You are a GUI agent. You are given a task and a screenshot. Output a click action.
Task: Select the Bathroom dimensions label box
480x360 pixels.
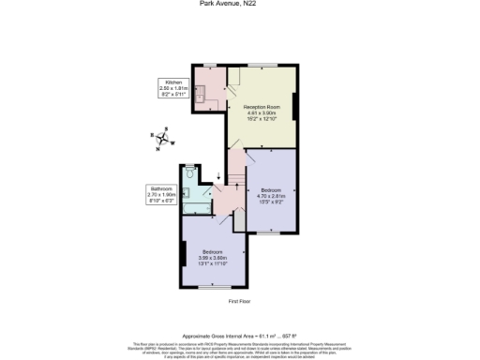(163, 194)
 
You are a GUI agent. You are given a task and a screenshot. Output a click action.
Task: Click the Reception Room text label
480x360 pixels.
(263, 112)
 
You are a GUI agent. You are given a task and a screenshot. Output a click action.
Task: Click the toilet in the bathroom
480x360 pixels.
(190, 173)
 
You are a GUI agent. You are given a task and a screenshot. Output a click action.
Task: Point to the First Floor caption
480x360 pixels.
(239, 302)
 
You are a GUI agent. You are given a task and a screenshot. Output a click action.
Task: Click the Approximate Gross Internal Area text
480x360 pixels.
(239, 335)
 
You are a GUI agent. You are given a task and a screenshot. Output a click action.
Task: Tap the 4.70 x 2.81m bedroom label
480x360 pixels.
(271, 191)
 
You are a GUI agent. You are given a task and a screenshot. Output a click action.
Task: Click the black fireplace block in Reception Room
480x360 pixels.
(296, 108)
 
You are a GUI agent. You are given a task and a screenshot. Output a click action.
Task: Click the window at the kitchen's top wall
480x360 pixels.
(210, 65)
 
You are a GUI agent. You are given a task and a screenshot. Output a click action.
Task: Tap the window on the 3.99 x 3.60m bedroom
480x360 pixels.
(214, 287)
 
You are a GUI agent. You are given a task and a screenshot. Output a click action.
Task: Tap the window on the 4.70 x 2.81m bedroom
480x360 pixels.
(272, 232)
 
